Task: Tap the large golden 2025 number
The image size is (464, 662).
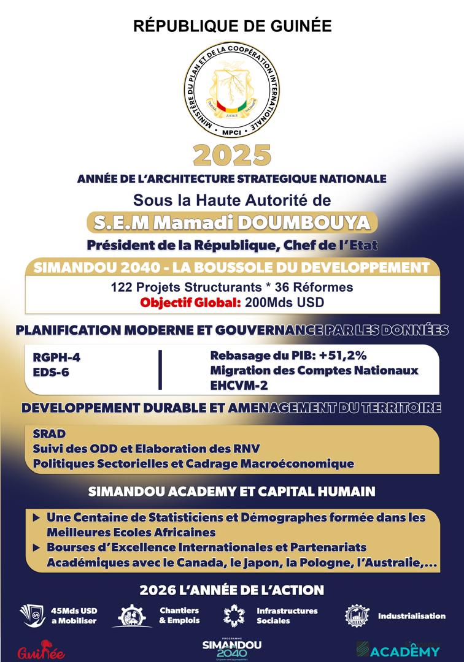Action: coord(231,155)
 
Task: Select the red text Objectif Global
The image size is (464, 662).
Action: coord(191,302)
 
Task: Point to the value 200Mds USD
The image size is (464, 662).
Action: coord(284,302)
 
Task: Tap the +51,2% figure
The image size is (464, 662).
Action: coord(344,356)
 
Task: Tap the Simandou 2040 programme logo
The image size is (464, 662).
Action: coord(232,649)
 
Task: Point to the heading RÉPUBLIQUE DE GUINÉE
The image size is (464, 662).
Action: coord(231,26)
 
